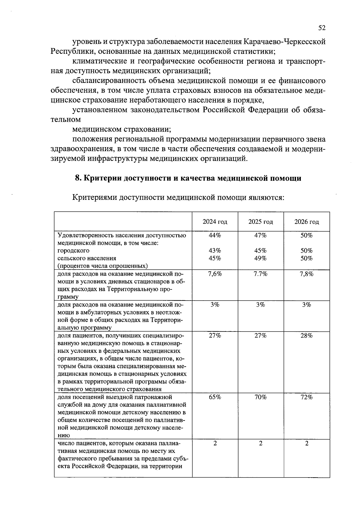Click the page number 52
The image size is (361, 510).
[x=322, y=28]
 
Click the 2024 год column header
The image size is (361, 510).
[x=215, y=222]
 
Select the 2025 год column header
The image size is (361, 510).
[x=261, y=222]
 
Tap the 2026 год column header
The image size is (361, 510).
[x=307, y=222]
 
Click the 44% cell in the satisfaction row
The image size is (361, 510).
[x=215, y=235]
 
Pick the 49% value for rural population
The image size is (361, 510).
[x=261, y=258]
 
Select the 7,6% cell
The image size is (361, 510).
[x=215, y=274]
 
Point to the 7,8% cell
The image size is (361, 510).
[x=307, y=274]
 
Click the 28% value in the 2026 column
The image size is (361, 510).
[x=307, y=336]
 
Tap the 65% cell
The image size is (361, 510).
[x=215, y=397]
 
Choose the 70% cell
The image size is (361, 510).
[x=261, y=397]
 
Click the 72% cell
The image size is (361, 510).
[x=307, y=397]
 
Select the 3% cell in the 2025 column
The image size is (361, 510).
[x=261, y=305]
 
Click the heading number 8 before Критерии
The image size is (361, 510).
[x=78, y=178]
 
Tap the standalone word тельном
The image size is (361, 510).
[x=66, y=120]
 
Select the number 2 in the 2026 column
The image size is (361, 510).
[x=307, y=444]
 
